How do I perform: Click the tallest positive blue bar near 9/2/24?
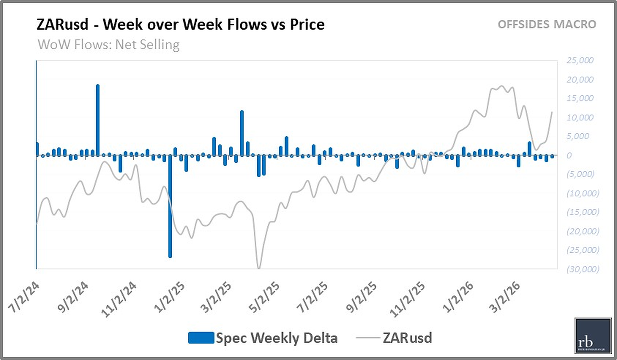[x=98, y=120]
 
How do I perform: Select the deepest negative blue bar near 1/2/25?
[x=170, y=206]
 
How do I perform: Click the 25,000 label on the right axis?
[x=580, y=60]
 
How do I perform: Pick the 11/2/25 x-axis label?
[x=408, y=299]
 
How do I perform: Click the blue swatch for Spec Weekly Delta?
[x=201, y=338]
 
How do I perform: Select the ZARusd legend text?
[x=407, y=338]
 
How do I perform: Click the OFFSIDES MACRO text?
[x=547, y=24]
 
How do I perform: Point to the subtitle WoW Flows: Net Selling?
[x=108, y=45]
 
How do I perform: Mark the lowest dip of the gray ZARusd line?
[x=259, y=267]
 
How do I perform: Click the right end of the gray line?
[x=552, y=112]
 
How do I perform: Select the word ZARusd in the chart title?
[x=62, y=24]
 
